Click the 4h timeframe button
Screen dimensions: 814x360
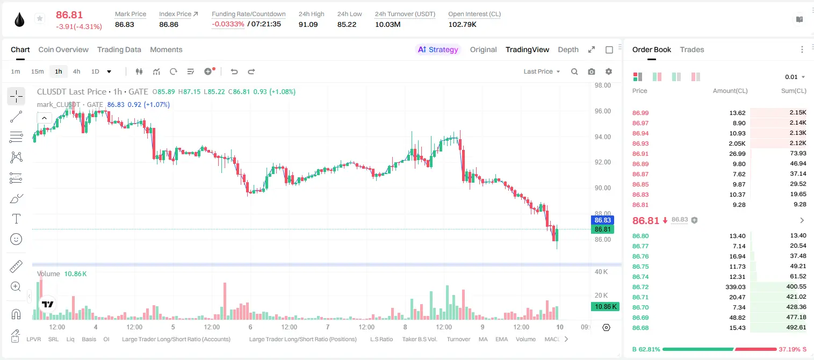pyautogui.click(x=76, y=71)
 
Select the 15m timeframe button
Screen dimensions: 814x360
pyautogui.click(x=37, y=71)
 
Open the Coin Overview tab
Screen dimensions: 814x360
pyautogui.click(x=63, y=49)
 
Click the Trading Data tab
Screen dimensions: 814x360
pyautogui.click(x=119, y=49)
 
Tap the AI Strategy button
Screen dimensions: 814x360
pyautogui.click(x=438, y=49)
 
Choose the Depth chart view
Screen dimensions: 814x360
pyautogui.click(x=568, y=49)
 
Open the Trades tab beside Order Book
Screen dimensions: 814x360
pyautogui.click(x=692, y=49)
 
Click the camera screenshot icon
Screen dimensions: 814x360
pyautogui.click(x=592, y=71)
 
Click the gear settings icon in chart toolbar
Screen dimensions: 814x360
pyautogui.click(x=609, y=71)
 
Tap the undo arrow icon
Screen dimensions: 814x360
pyautogui.click(x=234, y=71)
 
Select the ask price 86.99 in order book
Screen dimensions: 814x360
pyautogui.click(x=640, y=113)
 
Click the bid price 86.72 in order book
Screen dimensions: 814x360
pyautogui.click(x=640, y=287)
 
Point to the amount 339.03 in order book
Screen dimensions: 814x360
pyautogui.click(x=735, y=287)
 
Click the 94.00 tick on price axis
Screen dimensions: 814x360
pyautogui.click(x=602, y=137)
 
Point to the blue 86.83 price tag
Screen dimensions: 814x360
pyautogui.click(x=602, y=220)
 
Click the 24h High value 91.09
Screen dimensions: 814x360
pyautogui.click(x=308, y=24)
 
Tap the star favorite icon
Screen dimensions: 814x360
pyautogui.click(x=40, y=18)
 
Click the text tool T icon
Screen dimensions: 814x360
pyautogui.click(x=16, y=219)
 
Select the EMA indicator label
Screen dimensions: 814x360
pyautogui.click(x=501, y=339)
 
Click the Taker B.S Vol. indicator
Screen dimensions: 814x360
pyautogui.click(x=419, y=339)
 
